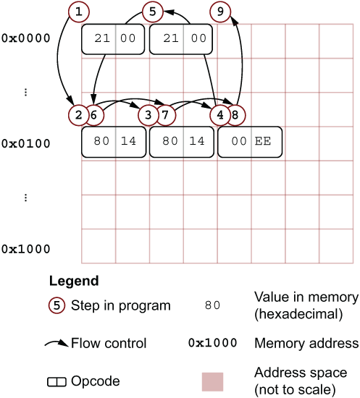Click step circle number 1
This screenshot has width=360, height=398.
click(x=79, y=12)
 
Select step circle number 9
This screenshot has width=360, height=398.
click(x=220, y=12)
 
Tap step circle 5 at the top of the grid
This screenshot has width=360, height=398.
click(x=152, y=12)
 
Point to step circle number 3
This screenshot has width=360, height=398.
click(x=148, y=115)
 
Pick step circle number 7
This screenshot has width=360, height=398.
click(x=165, y=115)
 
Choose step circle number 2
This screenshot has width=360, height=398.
click(x=78, y=115)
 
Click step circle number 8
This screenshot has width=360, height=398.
click(x=235, y=115)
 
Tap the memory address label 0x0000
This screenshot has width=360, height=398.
click(x=25, y=38)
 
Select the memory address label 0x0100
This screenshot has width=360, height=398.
click(x=25, y=144)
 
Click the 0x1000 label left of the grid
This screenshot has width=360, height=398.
click(x=25, y=249)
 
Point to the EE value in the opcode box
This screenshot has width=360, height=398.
click(x=263, y=141)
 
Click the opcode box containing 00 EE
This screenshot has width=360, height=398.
click(x=250, y=142)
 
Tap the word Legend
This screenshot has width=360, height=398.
click(x=74, y=281)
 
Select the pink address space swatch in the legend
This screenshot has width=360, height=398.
click(x=213, y=382)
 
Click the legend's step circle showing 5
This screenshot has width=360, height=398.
click(x=56, y=305)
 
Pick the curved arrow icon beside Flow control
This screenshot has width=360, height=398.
click(x=56, y=344)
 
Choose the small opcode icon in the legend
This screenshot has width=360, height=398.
click(x=57, y=382)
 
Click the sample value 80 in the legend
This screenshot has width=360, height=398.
click(x=212, y=305)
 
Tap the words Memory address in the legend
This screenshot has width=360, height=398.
click(x=306, y=344)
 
